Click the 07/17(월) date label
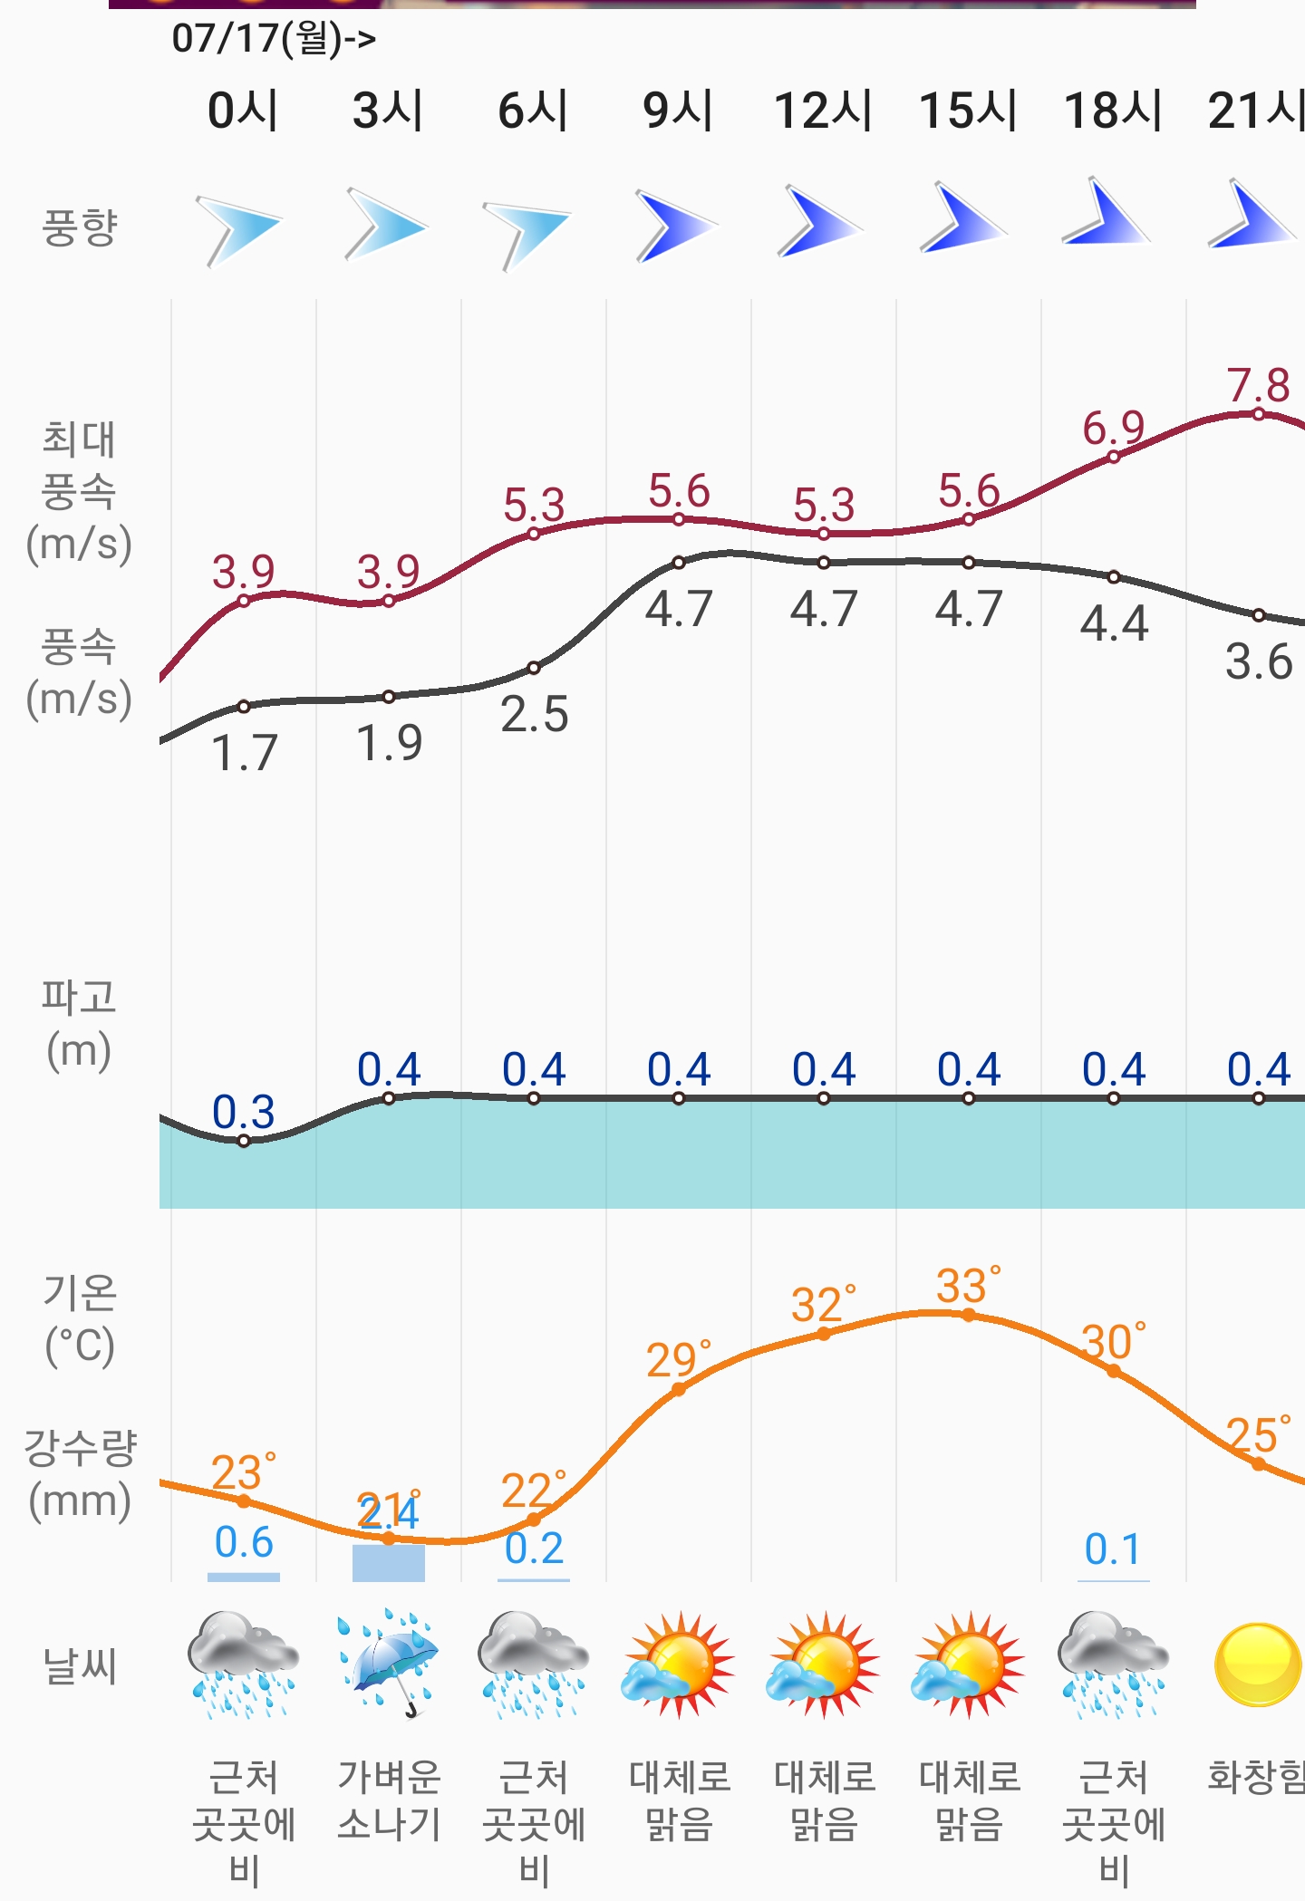click(273, 38)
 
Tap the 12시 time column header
click(823, 111)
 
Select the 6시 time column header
click(533, 111)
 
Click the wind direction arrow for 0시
click(240, 229)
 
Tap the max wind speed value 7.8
click(1258, 385)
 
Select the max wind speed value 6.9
click(1113, 427)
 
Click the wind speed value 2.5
click(534, 715)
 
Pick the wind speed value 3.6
click(1258, 662)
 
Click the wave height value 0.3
click(243, 1112)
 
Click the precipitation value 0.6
click(244, 1542)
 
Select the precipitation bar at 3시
click(388, 1563)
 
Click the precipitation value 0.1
click(1113, 1550)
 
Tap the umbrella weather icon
click(389, 1663)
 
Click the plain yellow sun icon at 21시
click(1257, 1665)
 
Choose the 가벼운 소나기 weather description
click(389, 1800)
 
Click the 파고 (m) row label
click(80, 1024)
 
